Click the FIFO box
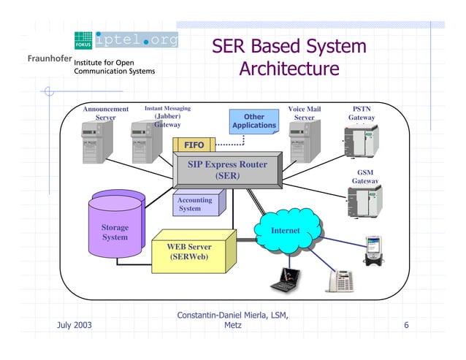(194, 145)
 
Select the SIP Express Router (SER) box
(227, 170)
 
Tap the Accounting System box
(195, 204)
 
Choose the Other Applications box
(253, 121)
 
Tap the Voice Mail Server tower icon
(300, 141)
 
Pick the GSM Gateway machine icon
(364, 199)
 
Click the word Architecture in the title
(289, 69)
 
